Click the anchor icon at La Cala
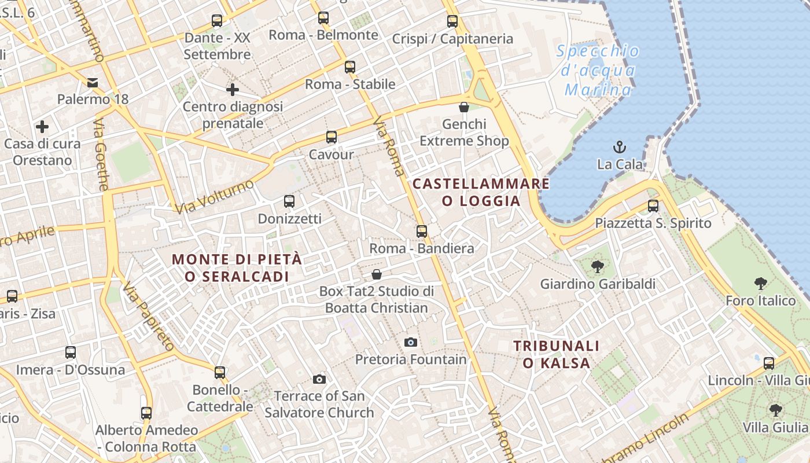point(620,146)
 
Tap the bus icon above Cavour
point(331,137)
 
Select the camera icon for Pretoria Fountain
point(410,342)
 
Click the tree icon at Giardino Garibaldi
point(597,267)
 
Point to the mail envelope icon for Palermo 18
point(93,82)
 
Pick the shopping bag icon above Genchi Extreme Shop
point(463,107)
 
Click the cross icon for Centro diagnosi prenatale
point(233,90)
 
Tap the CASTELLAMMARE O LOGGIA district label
point(481,193)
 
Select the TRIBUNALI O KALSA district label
point(557,354)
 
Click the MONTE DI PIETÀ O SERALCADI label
point(237,268)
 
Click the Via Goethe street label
point(101,155)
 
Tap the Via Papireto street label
point(148,317)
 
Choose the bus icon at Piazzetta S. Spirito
point(653,206)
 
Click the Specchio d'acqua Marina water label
point(599,70)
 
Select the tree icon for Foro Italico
point(761,284)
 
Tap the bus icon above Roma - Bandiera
point(422,231)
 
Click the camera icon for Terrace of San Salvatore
point(319,379)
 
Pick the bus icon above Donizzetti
point(289,201)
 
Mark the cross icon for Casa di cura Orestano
point(42,126)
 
